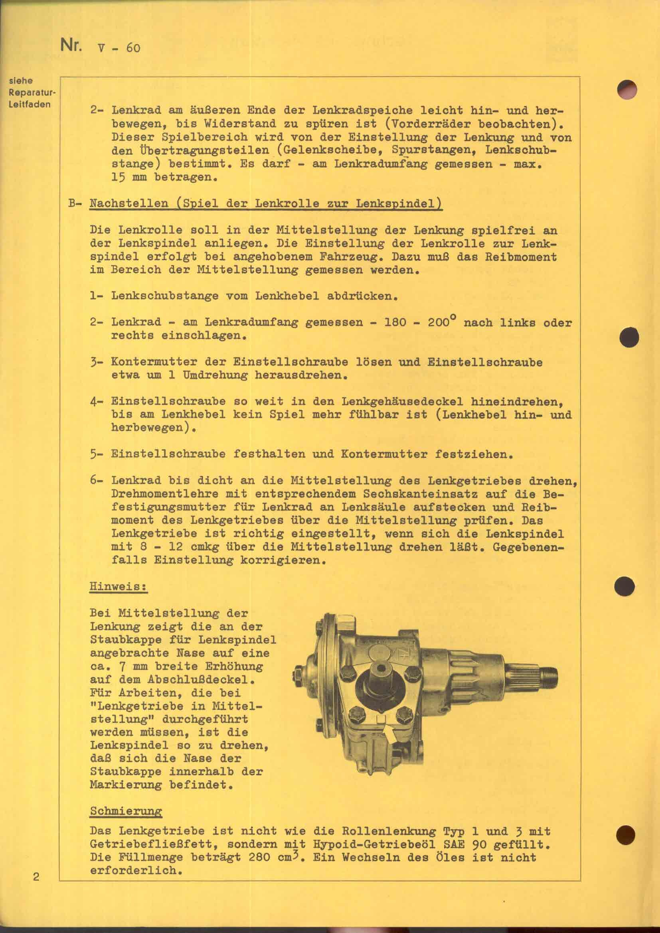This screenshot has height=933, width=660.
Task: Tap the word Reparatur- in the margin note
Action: (x=32, y=92)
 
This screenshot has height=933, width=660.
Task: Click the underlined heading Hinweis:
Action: (x=118, y=587)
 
